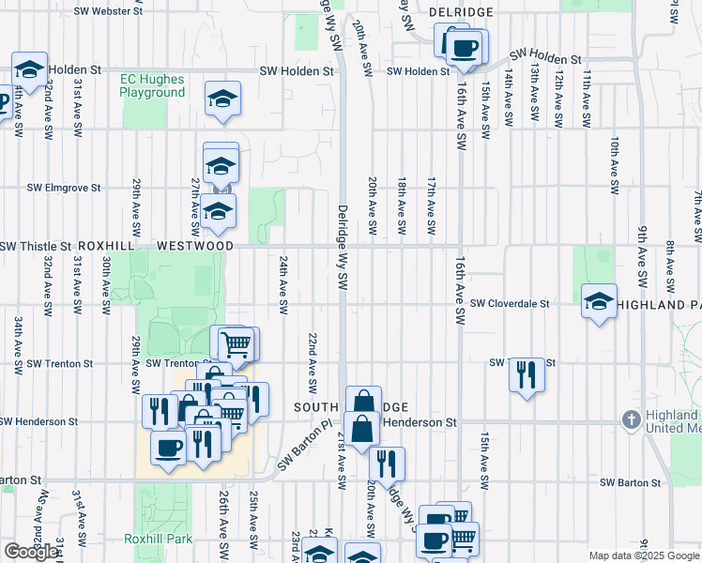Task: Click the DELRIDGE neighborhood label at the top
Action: tap(461, 11)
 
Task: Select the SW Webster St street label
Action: tap(104, 11)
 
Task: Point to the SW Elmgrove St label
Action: tap(64, 188)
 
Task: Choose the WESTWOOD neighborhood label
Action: tap(195, 246)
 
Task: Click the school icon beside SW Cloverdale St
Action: tap(599, 302)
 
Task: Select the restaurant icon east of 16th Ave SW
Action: tap(526, 374)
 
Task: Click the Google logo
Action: tap(31, 552)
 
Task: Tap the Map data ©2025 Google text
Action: tap(644, 555)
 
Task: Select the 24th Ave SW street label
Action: tap(282, 282)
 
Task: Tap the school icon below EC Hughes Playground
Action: tap(223, 99)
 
